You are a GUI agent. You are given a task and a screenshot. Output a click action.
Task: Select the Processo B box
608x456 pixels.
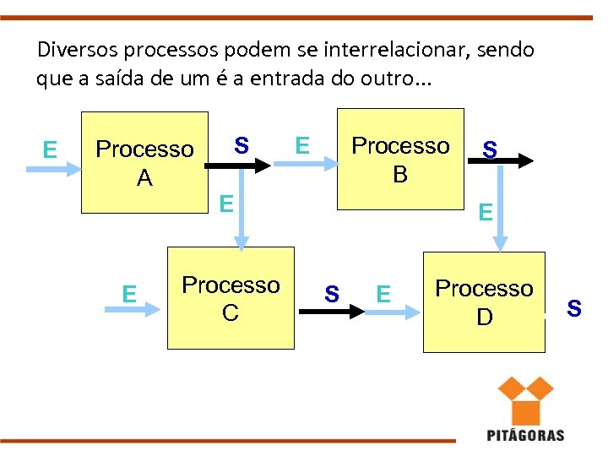[400, 159]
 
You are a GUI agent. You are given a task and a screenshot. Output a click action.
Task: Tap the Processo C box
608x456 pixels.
[230, 298]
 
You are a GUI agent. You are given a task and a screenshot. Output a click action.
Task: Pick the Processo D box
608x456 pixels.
[484, 301]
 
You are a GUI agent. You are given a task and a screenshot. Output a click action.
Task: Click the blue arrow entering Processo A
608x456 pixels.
[52, 169]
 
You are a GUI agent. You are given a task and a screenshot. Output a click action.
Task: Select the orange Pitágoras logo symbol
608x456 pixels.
[524, 399]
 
